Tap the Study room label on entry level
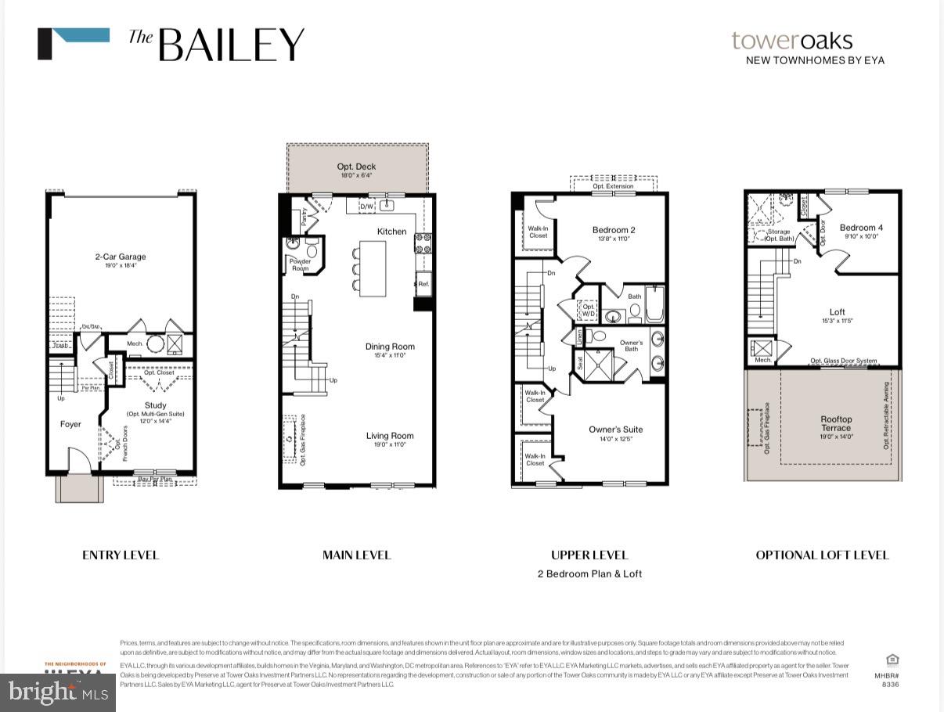155,405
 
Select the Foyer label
70,424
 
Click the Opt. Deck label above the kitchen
356,167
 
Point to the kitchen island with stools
373,268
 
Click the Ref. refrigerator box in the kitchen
423,284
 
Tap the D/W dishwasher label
366,207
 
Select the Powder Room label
300,264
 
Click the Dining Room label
390,347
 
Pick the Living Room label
390,436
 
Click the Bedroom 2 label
613,230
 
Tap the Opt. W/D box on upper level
586,310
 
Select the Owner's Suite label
615,430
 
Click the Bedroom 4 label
861,228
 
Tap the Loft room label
838,312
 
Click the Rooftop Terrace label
836,423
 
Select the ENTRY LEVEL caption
121,555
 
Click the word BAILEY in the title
231,45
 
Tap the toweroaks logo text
791,41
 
